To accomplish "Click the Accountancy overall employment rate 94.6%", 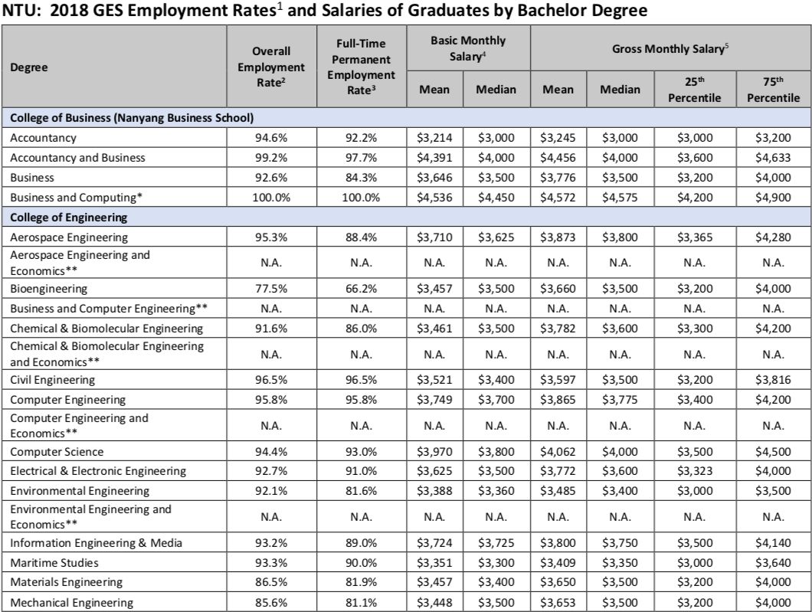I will point(271,139).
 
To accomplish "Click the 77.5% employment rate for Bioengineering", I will point(271,289).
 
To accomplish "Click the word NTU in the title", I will point(21,11).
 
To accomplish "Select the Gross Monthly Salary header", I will point(668,49).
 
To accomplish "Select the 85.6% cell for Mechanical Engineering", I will point(271,603).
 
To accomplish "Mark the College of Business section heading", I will point(132,118).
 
